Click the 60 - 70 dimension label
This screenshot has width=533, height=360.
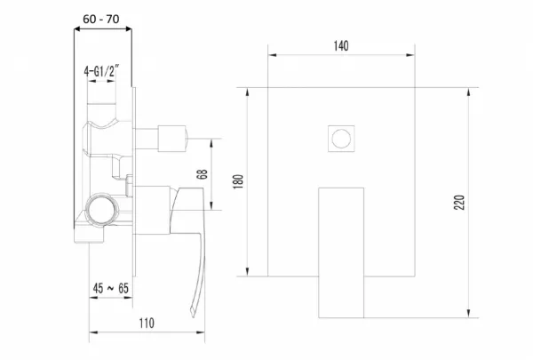pyautogui.click(x=101, y=19)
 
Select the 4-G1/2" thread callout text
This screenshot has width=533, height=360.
pyautogui.click(x=101, y=71)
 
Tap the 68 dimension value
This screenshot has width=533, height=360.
pyautogui.click(x=202, y=174)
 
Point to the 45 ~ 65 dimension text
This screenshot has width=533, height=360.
pyautogui.click(x=111, y=289)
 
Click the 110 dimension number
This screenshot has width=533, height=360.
pyautogui.click(x=147, y=323)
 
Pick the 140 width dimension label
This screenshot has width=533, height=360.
pyautogui.click(x=341, y=45)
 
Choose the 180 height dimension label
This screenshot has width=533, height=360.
pyautogui.click(x=239, y=181)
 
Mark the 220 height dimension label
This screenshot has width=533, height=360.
pyautogui.click(x=459, y=203)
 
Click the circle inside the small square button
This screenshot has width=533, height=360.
pyautogui.click(x=341, y=139)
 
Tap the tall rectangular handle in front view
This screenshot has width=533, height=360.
pyautogui.click(x=341, y=252)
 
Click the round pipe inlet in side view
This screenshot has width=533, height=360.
pyautogui.click(x=101, y=210)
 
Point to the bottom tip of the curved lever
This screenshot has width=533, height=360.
pyautogui.click(x=193, y=316)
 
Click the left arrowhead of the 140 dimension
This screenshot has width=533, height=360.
pyautogui.click(x=272, y=55)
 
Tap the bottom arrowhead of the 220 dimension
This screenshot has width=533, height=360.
pyautogui.click(x=469, y=314)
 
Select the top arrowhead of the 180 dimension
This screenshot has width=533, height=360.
pyautogui.click(x=248, y=92)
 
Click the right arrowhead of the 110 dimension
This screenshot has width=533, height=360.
pyautogui.click(x=201, y=332)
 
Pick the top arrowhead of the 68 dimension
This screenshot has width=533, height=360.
pyautogui.click(x=211, y=143)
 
